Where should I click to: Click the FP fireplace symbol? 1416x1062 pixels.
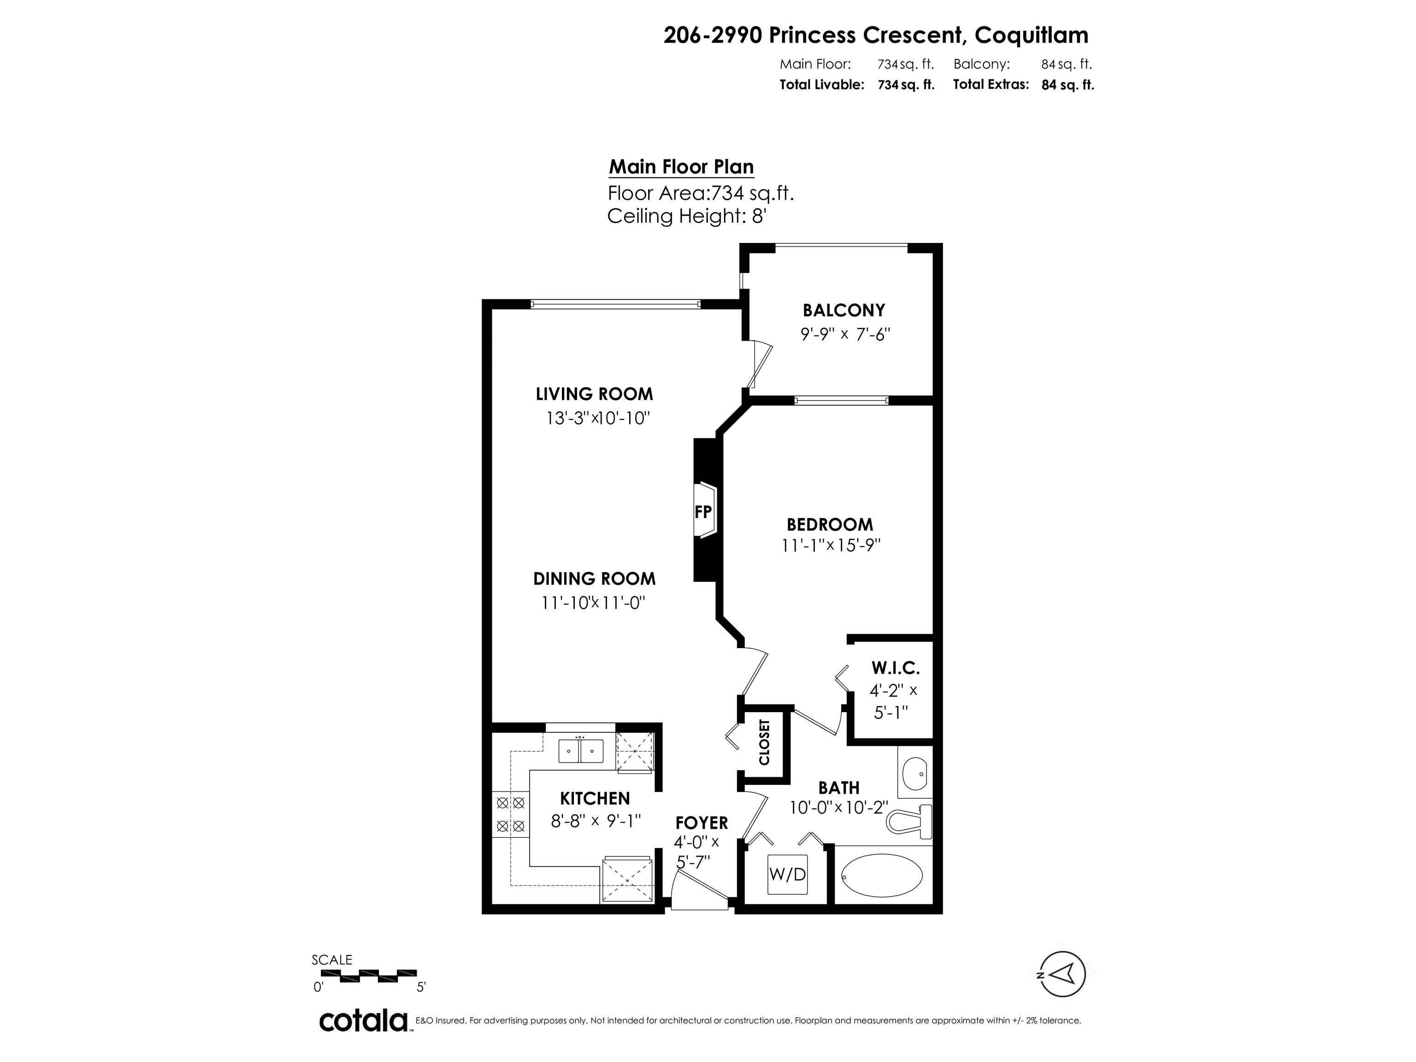click(703, 512)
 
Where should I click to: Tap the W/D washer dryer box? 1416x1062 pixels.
click(787, 874)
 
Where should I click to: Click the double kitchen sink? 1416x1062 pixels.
click(581, 750)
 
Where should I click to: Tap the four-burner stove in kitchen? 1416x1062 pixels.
click(511, 814)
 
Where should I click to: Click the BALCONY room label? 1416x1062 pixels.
click(844, 311)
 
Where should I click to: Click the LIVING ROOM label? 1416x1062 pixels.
click(594, 394)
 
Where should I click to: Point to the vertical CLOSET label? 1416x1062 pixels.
click(764, 743)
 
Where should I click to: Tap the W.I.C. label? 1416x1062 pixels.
click(895, 668)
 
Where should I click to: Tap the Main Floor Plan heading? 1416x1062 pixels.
click(681, 166)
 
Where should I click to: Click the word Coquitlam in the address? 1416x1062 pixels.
click(1031, 35)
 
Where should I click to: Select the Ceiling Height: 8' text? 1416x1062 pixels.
click(686, 216)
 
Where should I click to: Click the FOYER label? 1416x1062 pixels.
click(702, 823)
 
